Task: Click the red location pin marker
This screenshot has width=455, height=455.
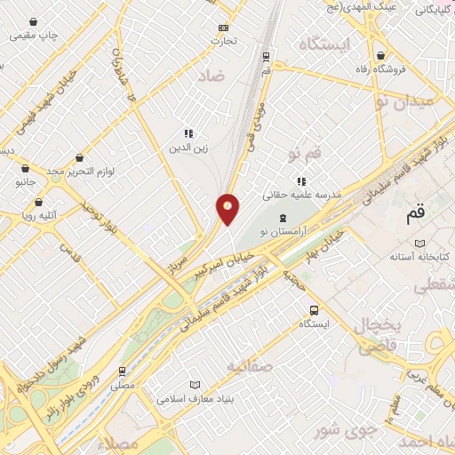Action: [228, 209]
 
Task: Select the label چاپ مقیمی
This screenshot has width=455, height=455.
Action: [34, 36]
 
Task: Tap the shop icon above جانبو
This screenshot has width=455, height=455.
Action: [25, 167]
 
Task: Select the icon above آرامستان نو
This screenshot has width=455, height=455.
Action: [283, 219]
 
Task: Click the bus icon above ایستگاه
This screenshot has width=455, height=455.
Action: [314, 310]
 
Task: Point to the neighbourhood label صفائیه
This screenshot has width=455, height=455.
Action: [246, 365]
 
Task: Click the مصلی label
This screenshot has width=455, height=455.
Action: [123, 386]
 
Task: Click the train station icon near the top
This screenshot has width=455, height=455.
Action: [266, 54]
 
